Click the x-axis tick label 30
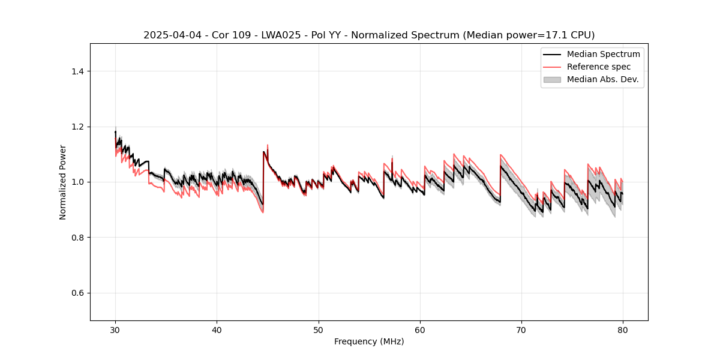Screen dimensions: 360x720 (x=115, y=329)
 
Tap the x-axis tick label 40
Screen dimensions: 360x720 (x=217, y=329)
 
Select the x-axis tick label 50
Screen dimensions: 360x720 (x=318, y=329)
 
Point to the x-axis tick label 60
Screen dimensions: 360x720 (x=419, y=329)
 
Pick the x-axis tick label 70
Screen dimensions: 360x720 (x=521, y=329)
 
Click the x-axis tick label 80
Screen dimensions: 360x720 (x=622, y=329)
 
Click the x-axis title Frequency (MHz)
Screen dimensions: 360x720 (x=369, y=341)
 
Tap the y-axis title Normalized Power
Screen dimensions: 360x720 (x=63, y=182)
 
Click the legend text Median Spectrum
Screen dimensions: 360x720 (x=603, y=54)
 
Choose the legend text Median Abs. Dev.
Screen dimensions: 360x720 (x=602, y=79)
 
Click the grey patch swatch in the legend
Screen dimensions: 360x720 (x=552, y=79)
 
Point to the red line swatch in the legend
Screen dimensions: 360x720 (x=552, y=67)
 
